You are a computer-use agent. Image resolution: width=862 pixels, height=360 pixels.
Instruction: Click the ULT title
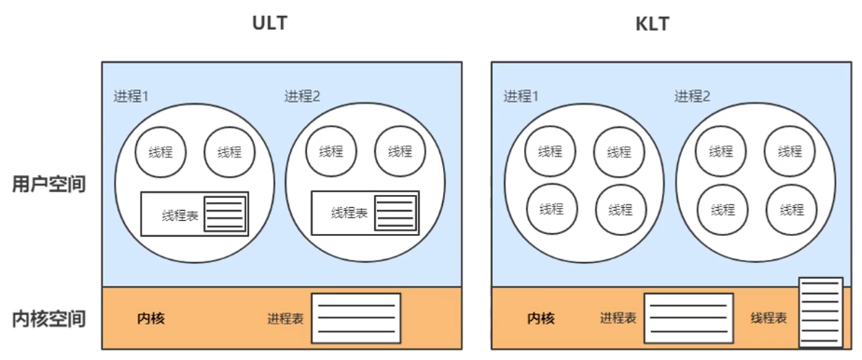270,22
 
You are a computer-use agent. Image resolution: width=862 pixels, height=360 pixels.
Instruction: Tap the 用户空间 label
49,184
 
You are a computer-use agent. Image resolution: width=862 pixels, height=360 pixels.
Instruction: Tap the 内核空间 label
49,319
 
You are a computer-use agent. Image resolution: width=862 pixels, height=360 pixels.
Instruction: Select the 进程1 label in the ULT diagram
130,96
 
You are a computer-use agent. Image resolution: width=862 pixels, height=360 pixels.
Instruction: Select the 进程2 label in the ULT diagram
302,96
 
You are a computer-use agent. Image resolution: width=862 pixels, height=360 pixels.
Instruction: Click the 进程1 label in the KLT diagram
522,96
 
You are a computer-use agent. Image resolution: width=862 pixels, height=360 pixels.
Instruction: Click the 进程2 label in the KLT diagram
692,96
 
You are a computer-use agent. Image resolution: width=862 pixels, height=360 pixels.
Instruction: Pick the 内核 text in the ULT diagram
150,319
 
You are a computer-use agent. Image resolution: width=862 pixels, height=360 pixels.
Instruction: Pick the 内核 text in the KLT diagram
540,319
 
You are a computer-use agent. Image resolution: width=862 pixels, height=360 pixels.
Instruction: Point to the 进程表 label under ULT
285,319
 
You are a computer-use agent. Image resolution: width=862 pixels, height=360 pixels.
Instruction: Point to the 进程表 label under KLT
618,319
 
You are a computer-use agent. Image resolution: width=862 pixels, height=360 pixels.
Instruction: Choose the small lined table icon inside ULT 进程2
395,213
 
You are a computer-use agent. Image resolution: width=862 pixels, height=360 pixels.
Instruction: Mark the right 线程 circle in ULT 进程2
400,152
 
